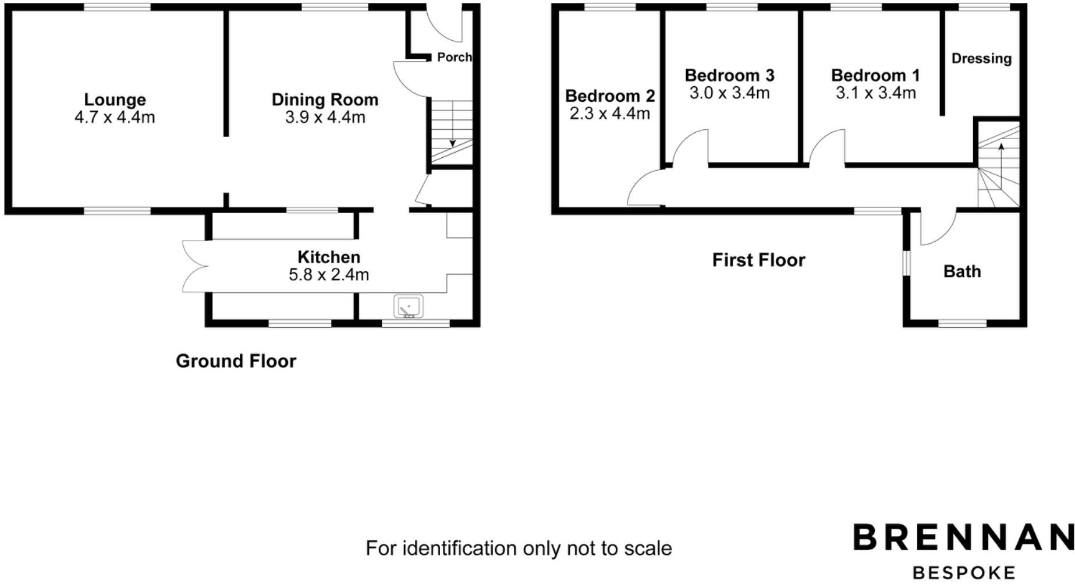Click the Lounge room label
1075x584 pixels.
pos(115,100)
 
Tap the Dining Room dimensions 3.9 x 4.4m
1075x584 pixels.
pos(325,118)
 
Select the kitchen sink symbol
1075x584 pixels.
pos(409,306)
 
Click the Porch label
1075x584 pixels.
pos(454,57)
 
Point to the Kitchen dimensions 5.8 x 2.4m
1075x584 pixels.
pos(329,275)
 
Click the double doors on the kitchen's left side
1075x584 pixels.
pos(194,266)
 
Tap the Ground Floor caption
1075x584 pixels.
pos(236,361)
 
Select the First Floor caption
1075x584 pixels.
pos(758,260)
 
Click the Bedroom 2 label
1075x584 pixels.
pos(609,96)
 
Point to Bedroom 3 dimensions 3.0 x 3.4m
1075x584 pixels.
pos(729,93)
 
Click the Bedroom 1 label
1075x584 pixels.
pos(875,75)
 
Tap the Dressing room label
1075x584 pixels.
pos(981,58)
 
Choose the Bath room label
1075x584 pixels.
pos(962,271)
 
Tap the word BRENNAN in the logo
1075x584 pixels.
pos(963,537)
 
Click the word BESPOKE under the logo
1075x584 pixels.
pos(963,573)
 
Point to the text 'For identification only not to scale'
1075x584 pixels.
pos(519,548)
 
